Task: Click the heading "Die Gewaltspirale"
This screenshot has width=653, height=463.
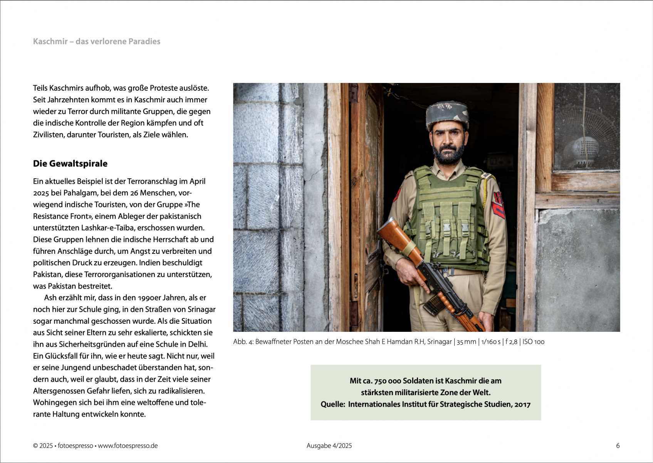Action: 70,164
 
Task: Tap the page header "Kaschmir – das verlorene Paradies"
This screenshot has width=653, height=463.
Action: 97,41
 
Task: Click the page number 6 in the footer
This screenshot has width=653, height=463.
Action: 618,446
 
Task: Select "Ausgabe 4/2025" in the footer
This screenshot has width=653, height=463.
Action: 329,446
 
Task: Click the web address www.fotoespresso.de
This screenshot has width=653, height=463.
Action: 128,446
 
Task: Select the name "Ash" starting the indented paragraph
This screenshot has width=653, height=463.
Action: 50,297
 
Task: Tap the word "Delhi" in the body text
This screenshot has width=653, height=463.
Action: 197,344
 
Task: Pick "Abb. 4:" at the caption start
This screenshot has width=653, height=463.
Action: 243,341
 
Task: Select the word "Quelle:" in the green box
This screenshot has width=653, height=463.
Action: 332,404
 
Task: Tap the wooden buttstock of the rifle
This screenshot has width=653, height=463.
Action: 393,234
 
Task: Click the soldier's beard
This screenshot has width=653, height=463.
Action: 448,153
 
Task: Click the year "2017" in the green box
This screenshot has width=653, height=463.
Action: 522,404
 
